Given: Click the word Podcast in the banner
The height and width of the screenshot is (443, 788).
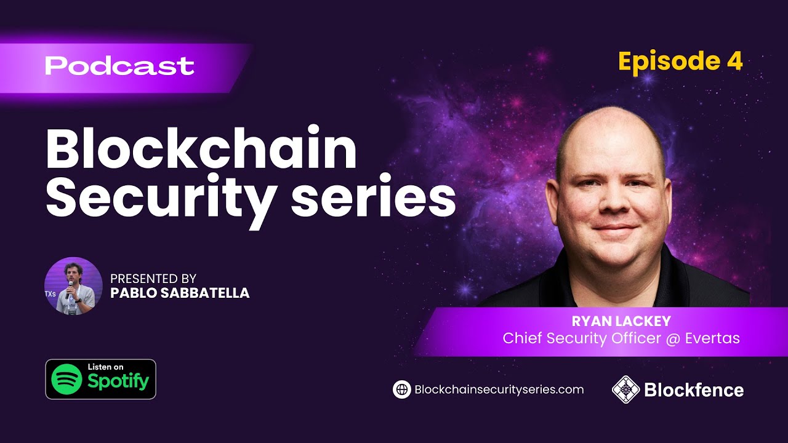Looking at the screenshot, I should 119,66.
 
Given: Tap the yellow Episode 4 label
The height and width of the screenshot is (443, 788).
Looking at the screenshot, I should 680,62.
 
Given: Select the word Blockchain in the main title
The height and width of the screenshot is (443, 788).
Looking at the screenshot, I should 201,151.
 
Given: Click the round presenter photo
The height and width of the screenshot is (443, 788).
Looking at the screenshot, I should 73,286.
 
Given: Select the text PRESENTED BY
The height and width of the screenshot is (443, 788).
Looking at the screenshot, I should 153,279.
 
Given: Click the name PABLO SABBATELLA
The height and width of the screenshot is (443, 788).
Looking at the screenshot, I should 180,293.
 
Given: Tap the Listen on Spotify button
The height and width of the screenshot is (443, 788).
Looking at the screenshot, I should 100,379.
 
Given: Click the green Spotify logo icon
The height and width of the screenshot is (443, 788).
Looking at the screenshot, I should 66,379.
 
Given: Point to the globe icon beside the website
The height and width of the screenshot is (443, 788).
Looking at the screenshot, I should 401,389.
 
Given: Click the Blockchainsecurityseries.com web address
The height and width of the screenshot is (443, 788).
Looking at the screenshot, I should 499,389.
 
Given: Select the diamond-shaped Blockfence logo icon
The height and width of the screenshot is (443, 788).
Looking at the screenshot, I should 625,389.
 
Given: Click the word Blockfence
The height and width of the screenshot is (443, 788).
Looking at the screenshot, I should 694,389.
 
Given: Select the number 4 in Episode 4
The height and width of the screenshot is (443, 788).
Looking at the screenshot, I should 734,62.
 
